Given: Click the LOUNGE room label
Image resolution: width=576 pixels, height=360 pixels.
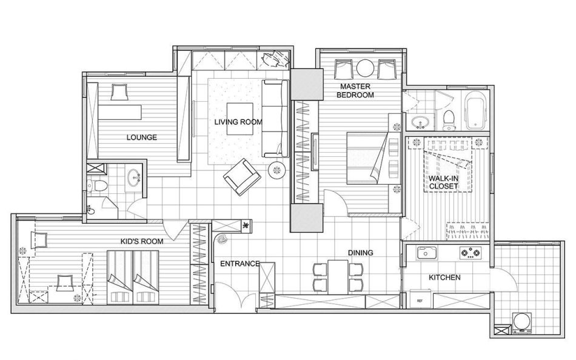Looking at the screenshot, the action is point(142,138).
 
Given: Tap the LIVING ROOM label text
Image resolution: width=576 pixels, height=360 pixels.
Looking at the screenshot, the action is point(238,122).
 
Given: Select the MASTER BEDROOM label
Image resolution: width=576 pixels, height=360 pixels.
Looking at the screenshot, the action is point(355,90).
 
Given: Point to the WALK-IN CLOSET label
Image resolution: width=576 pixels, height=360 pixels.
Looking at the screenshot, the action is point(443,182).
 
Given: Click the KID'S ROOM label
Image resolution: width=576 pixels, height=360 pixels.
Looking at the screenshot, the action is point(142,241).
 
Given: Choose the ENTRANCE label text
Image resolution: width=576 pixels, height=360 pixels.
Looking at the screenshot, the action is point(240,264).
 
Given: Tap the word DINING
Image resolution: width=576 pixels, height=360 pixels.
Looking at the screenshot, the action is point(360,253).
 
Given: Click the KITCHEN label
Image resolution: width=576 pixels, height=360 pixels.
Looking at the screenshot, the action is point(444,278).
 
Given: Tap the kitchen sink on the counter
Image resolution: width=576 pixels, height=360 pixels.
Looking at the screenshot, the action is point(426,252).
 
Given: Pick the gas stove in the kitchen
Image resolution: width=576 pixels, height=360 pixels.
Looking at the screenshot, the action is point(471,252).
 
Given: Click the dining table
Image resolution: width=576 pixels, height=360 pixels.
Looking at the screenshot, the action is point(338,276).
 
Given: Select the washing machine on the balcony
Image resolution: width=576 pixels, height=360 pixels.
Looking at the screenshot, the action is point(522,322).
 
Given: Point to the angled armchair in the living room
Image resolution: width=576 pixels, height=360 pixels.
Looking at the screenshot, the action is point(242,177).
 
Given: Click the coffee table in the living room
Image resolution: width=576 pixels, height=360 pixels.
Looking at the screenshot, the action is point(240,119).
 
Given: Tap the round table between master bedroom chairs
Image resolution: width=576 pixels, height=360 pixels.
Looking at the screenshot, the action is point(365,68).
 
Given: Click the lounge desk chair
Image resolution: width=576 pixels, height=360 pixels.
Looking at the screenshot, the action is point(119,92).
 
